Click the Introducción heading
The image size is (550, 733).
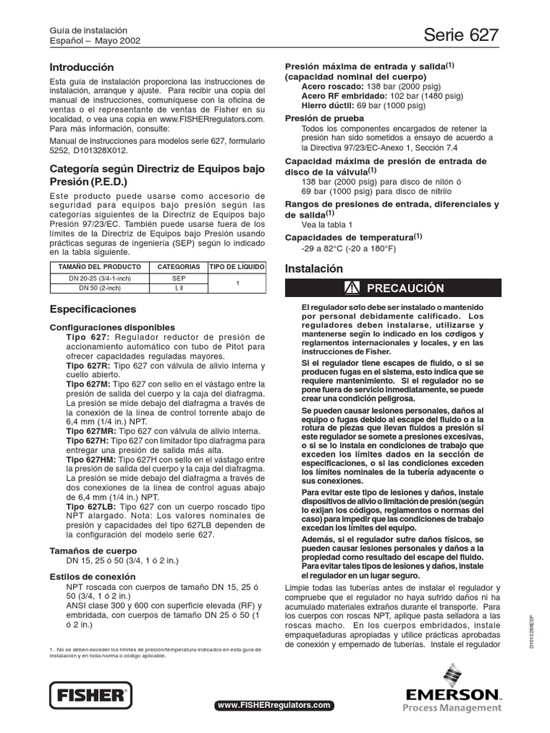tap(82, 67)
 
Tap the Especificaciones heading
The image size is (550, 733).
tap(92, 309)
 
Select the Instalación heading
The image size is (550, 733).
tap(314, 268)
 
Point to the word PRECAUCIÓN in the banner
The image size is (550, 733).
tap(405, 288)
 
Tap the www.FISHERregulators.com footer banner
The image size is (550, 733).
tap(275, 705)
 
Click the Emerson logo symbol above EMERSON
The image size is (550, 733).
tap(453, 676)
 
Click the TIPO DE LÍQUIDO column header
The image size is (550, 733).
tap(236, 266)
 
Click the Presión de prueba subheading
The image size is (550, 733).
tap(324, 117)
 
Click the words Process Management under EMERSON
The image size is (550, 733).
tap(452, 708)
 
